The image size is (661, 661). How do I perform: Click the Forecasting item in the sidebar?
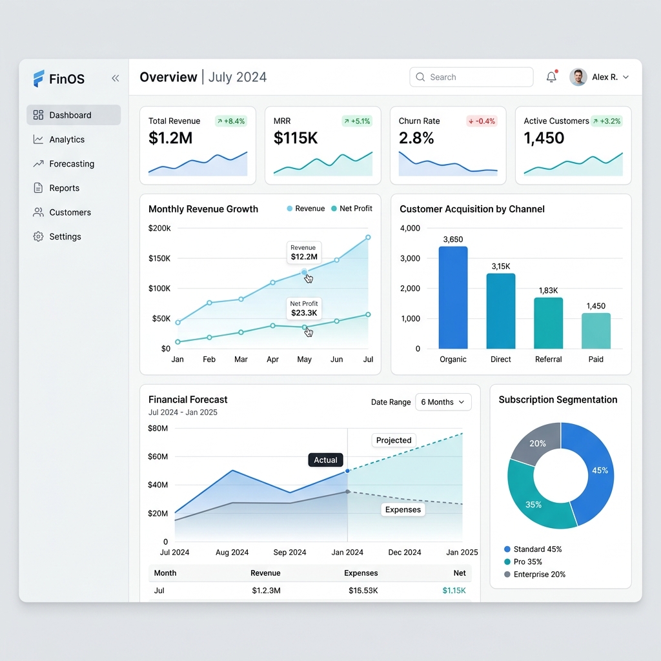point(64,163)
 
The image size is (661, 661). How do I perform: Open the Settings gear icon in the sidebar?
point(38,236)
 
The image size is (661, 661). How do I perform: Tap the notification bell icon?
point(551,77)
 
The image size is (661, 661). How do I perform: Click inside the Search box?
point(471,77)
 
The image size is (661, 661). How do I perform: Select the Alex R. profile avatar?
point(578,77)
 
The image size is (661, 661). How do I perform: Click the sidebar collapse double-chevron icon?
point(115,78)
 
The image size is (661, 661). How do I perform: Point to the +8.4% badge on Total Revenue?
point(231,121)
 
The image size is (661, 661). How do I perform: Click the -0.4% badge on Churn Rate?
point(482,121)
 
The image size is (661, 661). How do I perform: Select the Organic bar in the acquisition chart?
point(453,298)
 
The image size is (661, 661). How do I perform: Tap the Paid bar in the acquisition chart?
point(596,331)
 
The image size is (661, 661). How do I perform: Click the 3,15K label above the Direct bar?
point(501,267)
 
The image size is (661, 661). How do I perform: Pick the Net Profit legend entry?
point(352,208)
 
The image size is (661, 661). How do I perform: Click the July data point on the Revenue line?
point(368,238)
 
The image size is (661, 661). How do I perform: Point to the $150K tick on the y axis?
point(159,258)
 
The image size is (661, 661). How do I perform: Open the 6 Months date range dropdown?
point(443,402)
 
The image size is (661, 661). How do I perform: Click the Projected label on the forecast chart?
point(394,440)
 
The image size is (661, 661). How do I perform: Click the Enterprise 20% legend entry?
point(535,574)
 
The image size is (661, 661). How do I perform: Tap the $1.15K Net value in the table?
point(454,591)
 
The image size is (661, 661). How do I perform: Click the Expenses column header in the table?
point(361,573)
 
